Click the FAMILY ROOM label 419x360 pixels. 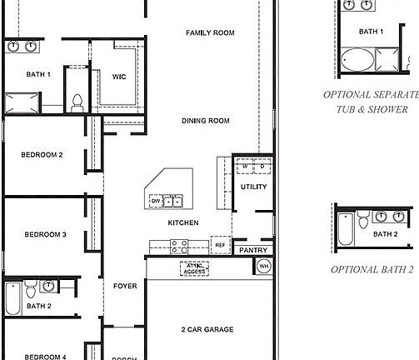click(209, 33)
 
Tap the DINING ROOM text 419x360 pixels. click(205, 121)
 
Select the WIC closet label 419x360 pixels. click(119, 77)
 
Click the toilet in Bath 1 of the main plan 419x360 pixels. click(77, 102)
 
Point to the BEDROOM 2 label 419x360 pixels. click(42, 155)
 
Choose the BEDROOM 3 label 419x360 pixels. click(44, 234)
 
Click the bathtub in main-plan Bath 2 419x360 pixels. click(12, 296)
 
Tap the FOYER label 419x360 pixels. click(125, 287)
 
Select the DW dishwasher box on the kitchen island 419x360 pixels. click(155, 201)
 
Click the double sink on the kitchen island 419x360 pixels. click(172, 201)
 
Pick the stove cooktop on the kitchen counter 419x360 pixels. click(179, 246)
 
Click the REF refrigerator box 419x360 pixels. click(220, 245)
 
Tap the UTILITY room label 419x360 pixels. click(253, 187)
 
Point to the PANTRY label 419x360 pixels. click(252, 250)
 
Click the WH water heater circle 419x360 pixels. click(263, 267)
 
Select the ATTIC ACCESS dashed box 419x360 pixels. click(193, 268)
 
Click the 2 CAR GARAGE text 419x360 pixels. click(207, 329)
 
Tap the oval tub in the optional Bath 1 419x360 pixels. click(358, 59)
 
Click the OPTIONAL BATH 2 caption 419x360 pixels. click(372, 270)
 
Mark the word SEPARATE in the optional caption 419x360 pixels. click(392, 95)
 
